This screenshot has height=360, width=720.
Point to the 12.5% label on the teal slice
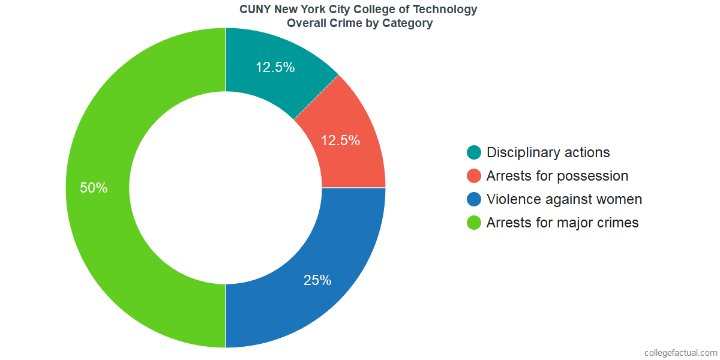(275, 67)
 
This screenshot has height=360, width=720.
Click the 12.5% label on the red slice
(340, 140)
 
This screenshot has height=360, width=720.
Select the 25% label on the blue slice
(317, 280)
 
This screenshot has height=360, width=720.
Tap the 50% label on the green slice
(94, 188)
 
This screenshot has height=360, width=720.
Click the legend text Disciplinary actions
(548, 152)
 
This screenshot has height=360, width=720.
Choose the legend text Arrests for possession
(557, 176)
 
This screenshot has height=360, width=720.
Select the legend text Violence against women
(564, 199)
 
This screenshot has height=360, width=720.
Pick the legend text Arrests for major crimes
(562, 223)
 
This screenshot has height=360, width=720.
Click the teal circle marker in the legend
(474, 152)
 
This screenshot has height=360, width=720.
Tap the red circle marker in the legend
(474, 176)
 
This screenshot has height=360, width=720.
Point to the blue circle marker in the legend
(474, 199)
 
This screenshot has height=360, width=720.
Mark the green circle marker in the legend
(474, 223)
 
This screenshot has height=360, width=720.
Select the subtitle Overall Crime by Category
(359, 23)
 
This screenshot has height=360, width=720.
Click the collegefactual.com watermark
(680, 353)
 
